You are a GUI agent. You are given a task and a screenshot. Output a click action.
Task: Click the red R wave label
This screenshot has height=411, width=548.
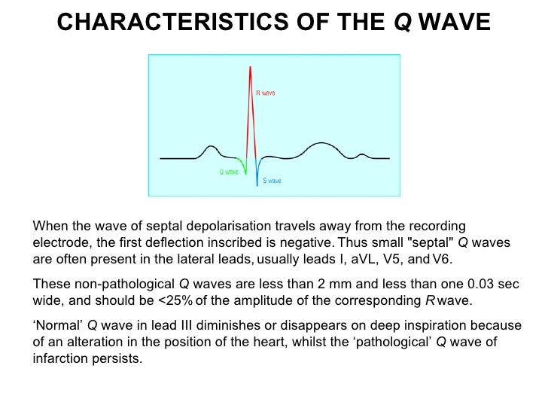tap(266, 93)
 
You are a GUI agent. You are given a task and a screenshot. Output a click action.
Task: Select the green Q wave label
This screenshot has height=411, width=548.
tap(229, 172)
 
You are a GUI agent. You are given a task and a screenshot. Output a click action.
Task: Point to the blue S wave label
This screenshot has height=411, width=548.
tap(272, 181)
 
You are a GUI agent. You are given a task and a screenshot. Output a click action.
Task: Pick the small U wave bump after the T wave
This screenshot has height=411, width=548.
tap(362, 154)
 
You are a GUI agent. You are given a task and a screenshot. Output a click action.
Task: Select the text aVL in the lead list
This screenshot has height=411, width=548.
tap(368, 260)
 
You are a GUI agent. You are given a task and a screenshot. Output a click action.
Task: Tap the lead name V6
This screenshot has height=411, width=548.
tap(445, 260)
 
